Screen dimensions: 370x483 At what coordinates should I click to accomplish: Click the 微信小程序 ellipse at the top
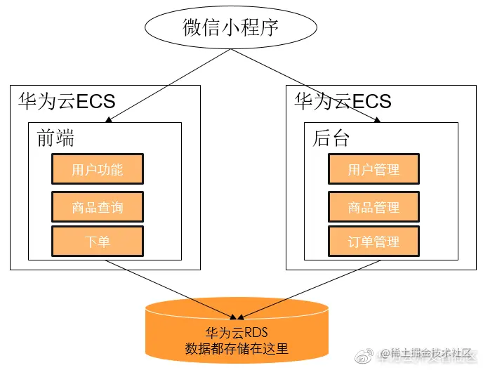click(231, 27)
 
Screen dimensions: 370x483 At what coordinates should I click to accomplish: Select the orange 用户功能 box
click(97, 170)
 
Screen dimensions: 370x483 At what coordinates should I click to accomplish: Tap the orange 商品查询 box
click(97, 207)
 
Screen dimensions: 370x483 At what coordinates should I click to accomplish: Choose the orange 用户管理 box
click(373, 170)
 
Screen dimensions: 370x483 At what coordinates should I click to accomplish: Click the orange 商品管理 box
click(373, 207)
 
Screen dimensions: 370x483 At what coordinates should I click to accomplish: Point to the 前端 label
click(55, 138)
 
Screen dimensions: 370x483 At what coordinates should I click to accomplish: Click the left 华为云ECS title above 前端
click(66, 101)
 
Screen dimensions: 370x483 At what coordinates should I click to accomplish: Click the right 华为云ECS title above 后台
click(343, 101)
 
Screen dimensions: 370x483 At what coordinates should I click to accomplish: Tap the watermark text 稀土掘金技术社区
click(430, 354)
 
